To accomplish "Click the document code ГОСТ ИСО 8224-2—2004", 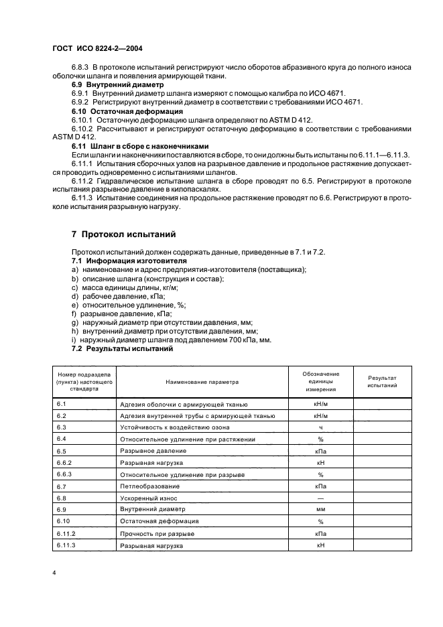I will click(97, 49).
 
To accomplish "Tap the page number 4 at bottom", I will click(54, 574).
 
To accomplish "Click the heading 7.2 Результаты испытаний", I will click(123, 348).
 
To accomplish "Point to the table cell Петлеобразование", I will click(149, 486).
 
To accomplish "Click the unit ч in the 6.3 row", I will click(320, 427).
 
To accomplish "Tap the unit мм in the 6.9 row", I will click(320, 509).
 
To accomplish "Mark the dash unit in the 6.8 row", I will click(320, 498).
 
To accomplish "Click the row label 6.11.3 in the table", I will click(66, 545).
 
